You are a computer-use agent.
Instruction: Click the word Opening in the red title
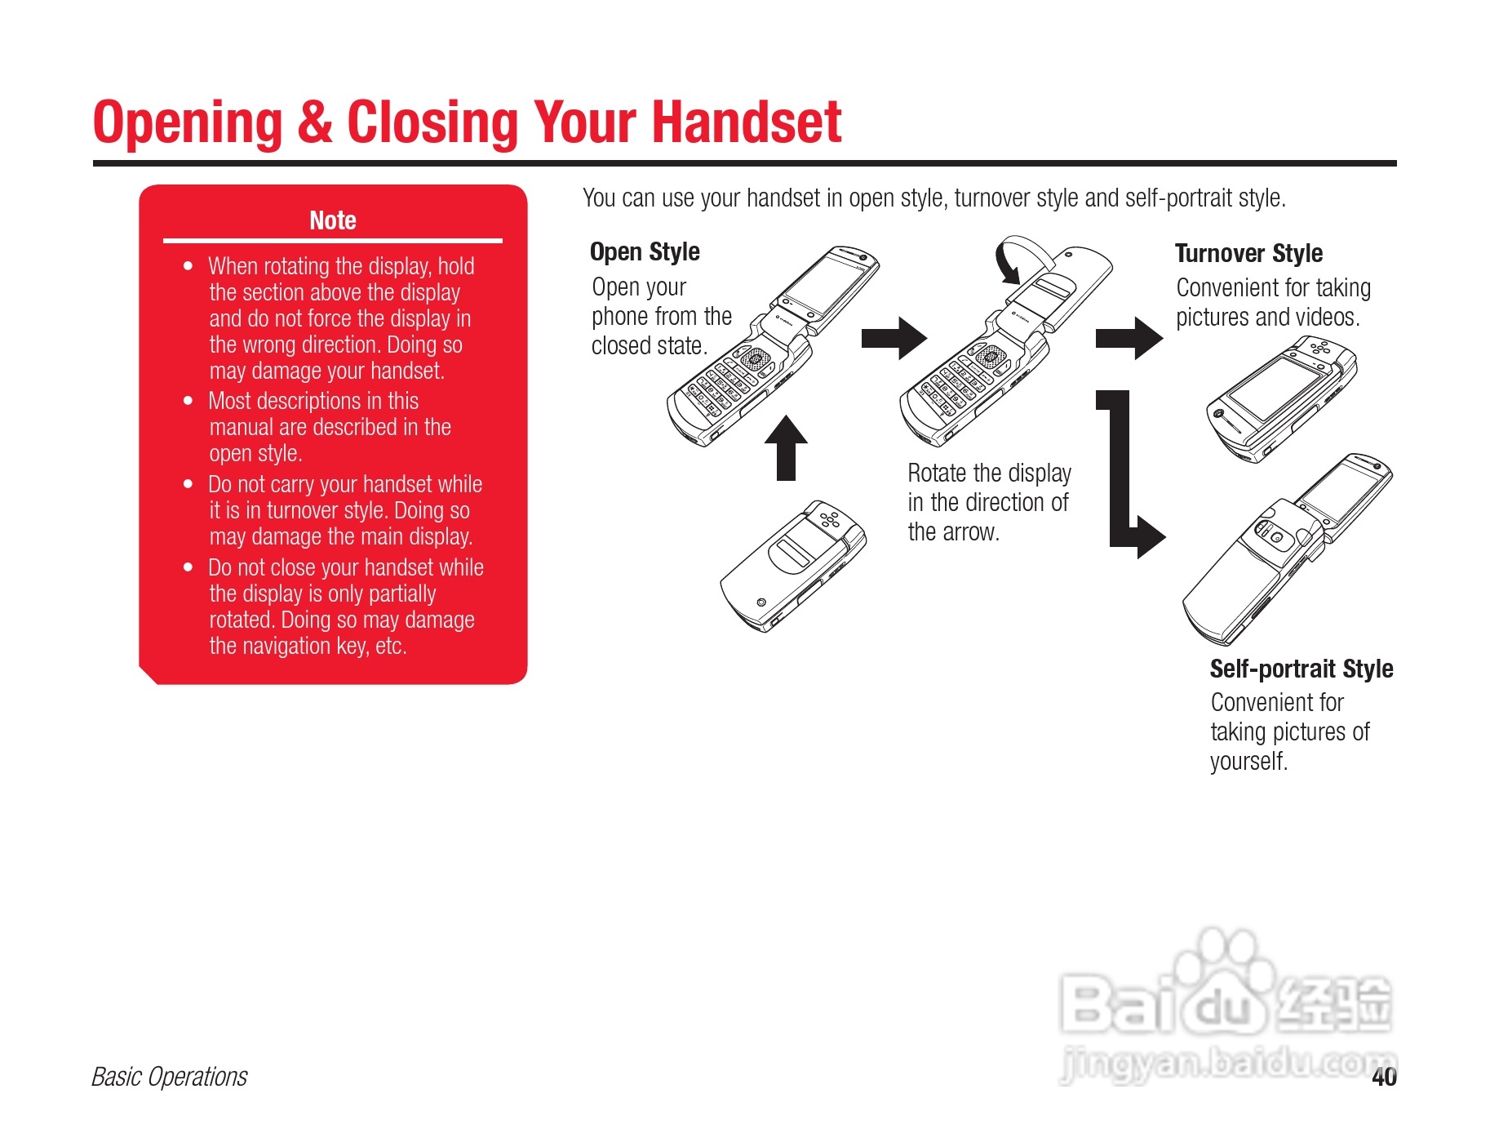187,123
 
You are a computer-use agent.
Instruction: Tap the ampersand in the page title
314,123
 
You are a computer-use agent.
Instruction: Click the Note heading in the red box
332,220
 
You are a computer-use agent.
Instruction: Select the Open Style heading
645,251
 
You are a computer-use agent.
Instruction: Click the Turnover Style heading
1248,253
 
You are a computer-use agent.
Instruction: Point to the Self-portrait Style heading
1301,669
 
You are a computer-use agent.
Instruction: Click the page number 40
1384,1077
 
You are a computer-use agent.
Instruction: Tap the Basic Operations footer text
169,1077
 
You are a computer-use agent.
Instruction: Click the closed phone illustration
792,563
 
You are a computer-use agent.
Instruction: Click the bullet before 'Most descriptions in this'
188,401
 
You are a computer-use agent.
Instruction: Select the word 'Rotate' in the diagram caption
937,473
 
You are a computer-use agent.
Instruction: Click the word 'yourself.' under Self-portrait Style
1248,762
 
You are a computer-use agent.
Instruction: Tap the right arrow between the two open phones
894,337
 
